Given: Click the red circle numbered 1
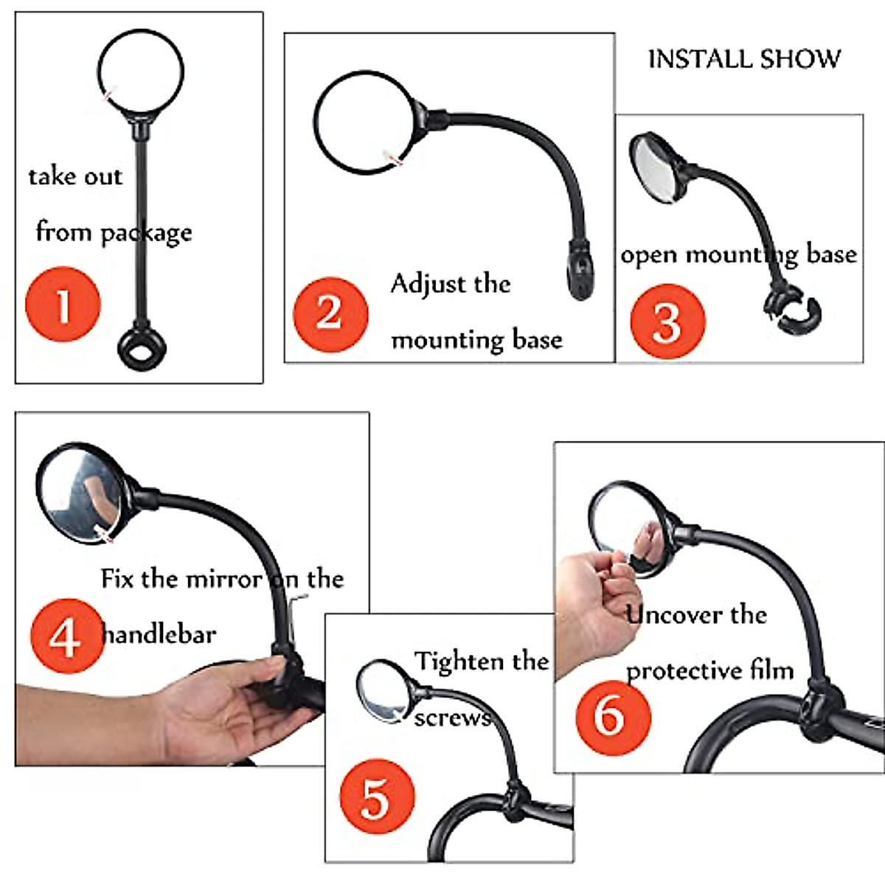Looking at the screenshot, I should tap(63, 305).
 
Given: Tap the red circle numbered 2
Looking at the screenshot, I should tap(330, 314).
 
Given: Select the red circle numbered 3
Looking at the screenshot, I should tap(667, 321).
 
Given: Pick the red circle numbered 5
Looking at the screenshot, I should tap(376, 798).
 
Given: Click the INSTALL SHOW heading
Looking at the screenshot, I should tap(743, 60).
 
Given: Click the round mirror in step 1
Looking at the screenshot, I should tap(140, 72).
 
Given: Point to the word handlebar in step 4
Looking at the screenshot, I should tap(158, 634).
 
